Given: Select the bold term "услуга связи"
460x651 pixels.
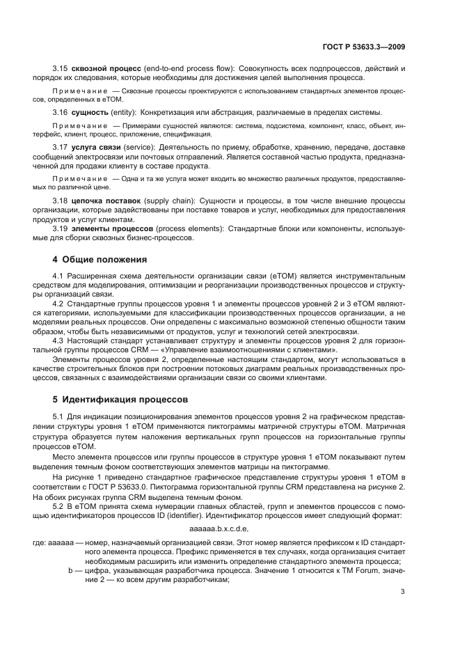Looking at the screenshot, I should tap(95, 148).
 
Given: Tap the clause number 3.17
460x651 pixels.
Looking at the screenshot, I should tap(61, 148).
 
